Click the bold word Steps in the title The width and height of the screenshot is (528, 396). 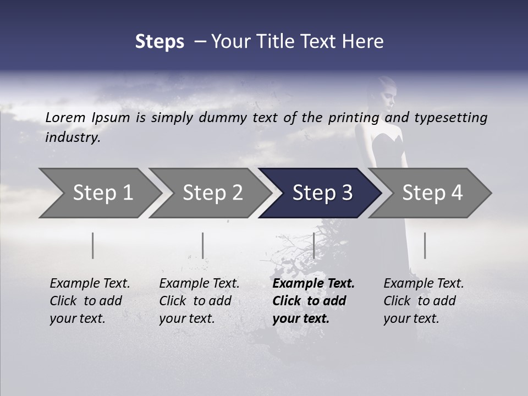coord(159,42)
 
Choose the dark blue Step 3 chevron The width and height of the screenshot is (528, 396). coord(322,193)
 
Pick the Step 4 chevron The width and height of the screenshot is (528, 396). coord(432,193)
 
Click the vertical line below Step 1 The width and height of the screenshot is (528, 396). coord(93,245)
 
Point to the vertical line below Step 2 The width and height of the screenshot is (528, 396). coord(203,245)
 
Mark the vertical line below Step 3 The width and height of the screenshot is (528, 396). coord(313,245)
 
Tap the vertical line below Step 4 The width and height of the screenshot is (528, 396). coord(425,245)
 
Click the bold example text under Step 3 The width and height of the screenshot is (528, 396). coord(310,301)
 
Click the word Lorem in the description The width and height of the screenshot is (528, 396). coord(65,117)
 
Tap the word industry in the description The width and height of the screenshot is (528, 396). coord(72,137)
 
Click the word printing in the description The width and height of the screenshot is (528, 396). coord(353,118)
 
